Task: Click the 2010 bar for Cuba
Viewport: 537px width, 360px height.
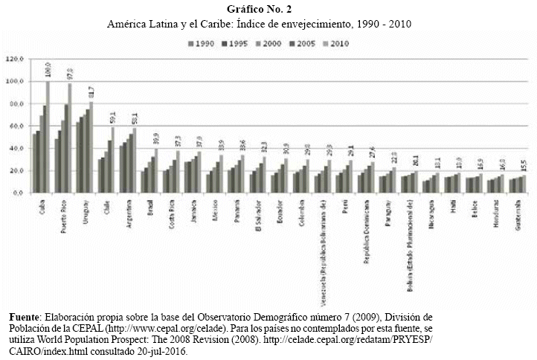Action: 48,138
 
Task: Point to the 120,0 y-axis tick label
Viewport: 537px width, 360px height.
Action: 15,59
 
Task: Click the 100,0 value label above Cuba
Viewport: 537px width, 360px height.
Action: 48,71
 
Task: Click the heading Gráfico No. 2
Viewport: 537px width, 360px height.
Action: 268,9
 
